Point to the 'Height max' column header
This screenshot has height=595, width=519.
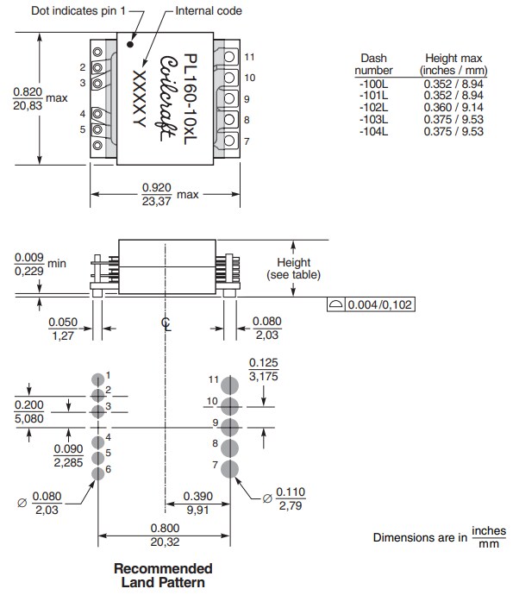[x=453, y=63]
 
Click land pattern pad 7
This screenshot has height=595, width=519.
[x=229, y=468]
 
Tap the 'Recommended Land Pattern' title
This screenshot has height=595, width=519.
[x=163, y=575]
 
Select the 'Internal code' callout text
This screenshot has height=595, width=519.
[x=208, y=11]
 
